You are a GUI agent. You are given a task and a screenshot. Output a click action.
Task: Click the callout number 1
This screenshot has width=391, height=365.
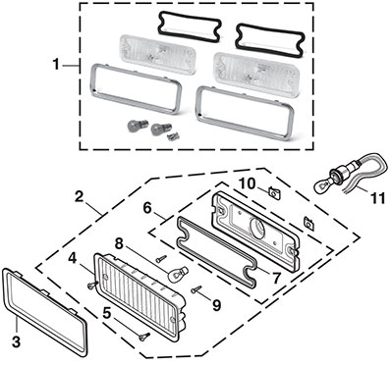point(56,65)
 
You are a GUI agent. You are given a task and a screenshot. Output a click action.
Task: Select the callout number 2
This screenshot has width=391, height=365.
point(79,197)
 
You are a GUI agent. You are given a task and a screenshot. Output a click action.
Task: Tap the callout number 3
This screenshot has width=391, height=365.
point(16,341)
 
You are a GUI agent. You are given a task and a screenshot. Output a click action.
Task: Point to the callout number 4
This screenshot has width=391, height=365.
point(73,258)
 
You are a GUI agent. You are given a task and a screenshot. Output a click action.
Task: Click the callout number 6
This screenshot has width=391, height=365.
point(147,208)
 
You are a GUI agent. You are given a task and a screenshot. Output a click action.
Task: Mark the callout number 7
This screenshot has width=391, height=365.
point(276,278)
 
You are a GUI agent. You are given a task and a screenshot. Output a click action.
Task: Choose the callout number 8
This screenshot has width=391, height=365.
point(120,244)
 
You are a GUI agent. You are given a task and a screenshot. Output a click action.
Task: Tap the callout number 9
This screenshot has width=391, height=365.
point(217,305)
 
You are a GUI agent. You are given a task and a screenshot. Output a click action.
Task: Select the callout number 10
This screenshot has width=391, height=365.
point(248,183)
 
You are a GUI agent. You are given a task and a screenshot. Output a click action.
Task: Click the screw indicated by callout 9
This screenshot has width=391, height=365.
point(196,288)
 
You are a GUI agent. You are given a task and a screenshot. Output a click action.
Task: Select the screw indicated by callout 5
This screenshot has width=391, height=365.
point(144,337)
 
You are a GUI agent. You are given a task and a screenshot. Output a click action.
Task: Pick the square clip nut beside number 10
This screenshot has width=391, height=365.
point(274,192)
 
